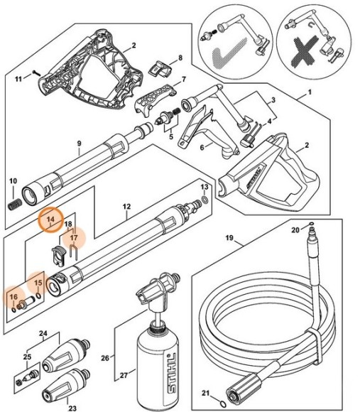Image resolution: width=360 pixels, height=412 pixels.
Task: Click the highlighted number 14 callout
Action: click(x=51, y=220)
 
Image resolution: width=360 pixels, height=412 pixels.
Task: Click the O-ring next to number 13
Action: click(x=205, y=200)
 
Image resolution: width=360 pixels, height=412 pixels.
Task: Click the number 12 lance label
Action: click(x=126, y=208)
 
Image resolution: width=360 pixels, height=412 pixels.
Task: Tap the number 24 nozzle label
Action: click(x=43, y=332)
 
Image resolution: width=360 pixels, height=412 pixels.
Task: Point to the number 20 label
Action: click(x=295, y=230)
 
